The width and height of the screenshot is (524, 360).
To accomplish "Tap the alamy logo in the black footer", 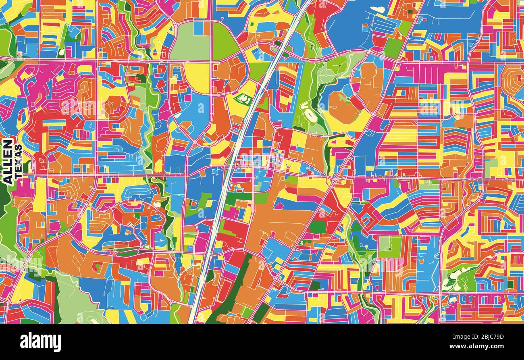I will [41, 342].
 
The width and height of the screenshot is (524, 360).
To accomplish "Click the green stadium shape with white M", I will [243, 98].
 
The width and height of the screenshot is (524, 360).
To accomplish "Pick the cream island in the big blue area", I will [377, 9].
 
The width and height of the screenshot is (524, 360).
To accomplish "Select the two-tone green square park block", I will [389, 247].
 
